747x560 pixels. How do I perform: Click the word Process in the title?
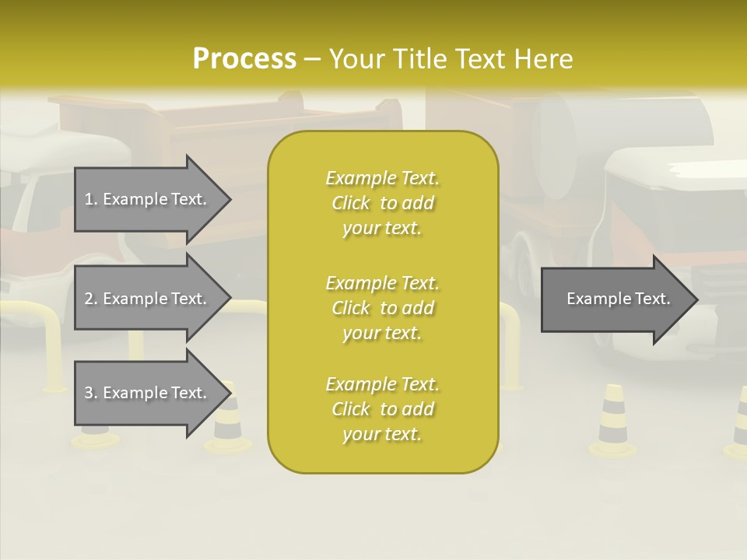point(244,59)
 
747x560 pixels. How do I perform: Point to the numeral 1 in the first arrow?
point(89,199)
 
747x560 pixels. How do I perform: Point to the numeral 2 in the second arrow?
point(89,299)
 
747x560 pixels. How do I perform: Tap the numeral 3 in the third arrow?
point(89,393)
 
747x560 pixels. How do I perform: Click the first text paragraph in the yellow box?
point(382,203)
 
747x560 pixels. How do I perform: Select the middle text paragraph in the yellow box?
point(382,308)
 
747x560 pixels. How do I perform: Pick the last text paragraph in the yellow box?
point(382,409)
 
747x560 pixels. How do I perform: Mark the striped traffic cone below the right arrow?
point(612,421)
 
